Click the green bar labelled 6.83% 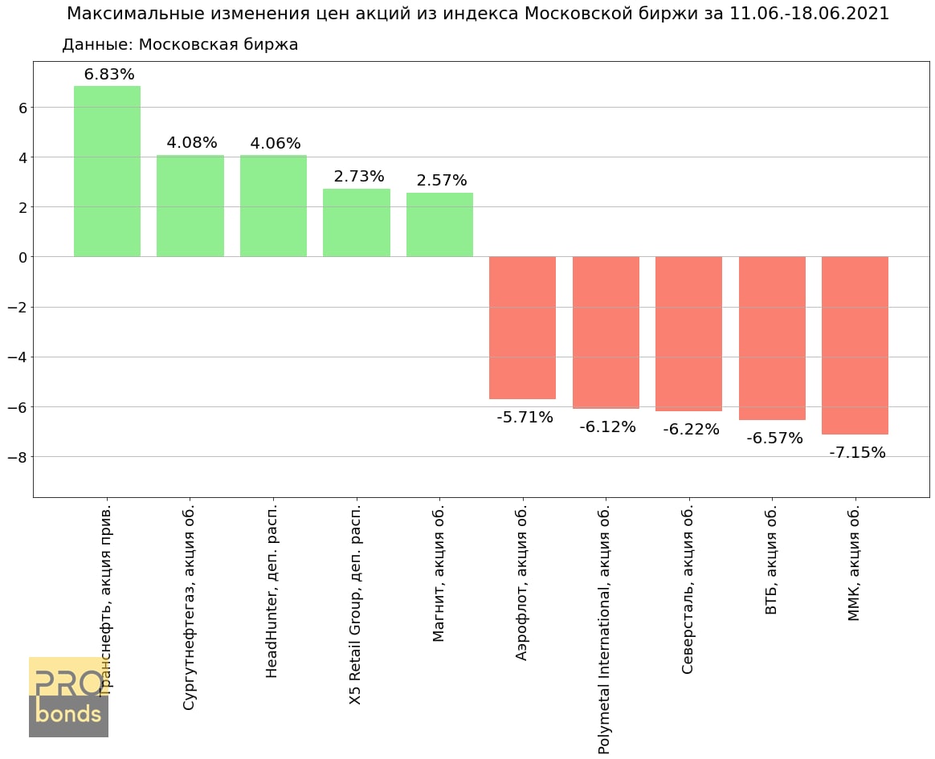tap(107, 171)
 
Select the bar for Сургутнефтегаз tap(190, 206)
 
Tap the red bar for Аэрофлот tap(522, 328)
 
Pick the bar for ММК tap(855, 345)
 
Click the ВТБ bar tap(772, 338)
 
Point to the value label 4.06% tap(276, 144)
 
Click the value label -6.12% tap(607, 427)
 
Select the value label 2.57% tap(441, 181)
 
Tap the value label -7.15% tap(857, 453)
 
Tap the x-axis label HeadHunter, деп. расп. tap(272, 591)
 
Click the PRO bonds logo tap(68, 696)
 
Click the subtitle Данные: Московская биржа tap(180, 45)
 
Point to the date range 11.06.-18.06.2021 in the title tap(809, 14)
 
